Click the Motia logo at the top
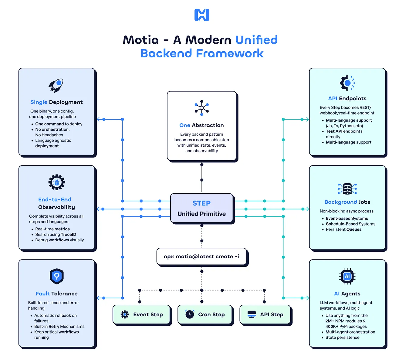point(202,15)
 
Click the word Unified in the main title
point(256,40)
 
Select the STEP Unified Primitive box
point(202,209)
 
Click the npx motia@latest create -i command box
point(202,256)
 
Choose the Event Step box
point(141,314)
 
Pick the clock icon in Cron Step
point(190,314)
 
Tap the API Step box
point(265,314)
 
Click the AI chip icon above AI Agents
point(347,276)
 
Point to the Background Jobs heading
point(347,202)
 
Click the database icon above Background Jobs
point(347,189)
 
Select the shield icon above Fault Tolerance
point(57,276)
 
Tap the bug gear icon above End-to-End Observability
point(57,182)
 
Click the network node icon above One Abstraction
point(202,108)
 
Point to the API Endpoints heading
point(347,98)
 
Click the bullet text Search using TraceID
point(56,234)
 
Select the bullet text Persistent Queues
point(343,229)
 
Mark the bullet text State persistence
point(342,338)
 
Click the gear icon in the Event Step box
point(125,314)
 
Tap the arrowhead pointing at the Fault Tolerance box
point(98,298)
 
